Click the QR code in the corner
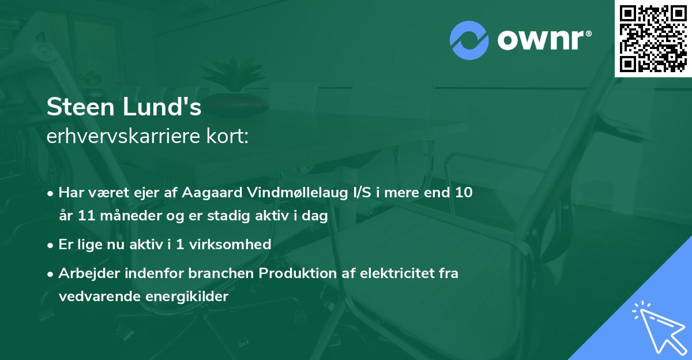pos(653,38)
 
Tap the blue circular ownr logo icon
pos(469,40)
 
